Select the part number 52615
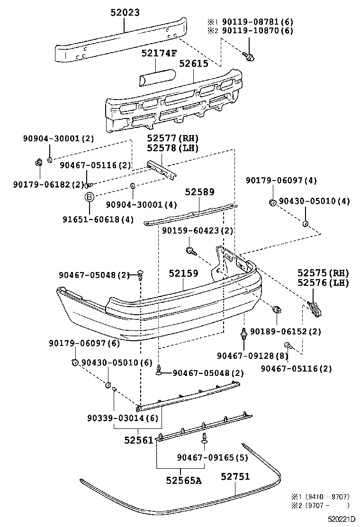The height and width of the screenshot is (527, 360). pyautogui.click(x=193, y=64)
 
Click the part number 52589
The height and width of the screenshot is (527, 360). pyautogui.click(x=199, y=192)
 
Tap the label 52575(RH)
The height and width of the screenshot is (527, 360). pyautogui.click(x=323, y=273)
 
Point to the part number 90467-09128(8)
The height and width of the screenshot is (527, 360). pyautogui.click(x=252, y=355)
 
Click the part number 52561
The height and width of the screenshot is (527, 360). pyautogui.click(x=139, y=440)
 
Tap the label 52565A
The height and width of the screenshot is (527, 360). pyautogui.click(x=183, y=480)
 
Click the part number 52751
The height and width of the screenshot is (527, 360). pyautogui.click(x=235, y=476)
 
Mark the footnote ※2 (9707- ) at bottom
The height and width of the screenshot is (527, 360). pyautogui.click(x=320, y=505)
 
